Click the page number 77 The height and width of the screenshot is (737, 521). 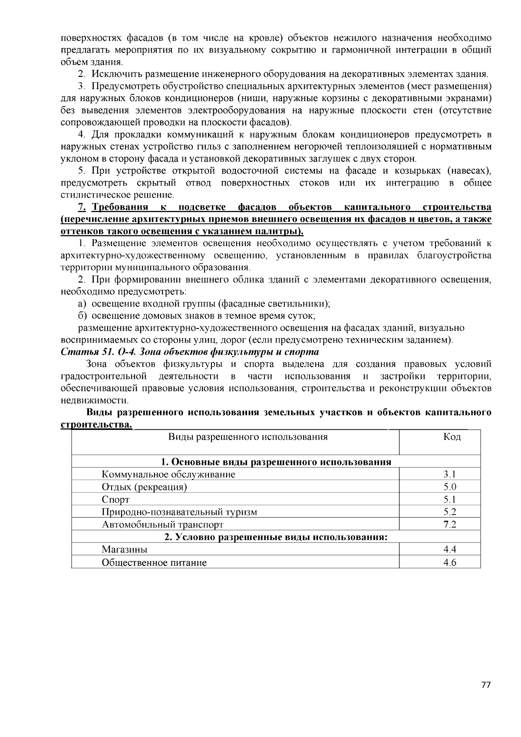pos(486,685)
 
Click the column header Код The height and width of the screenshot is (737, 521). pos(452,437)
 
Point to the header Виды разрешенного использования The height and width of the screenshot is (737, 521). pos(247,437)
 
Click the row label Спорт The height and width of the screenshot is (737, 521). pos(115,500)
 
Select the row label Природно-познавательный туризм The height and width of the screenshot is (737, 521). pos(179,512)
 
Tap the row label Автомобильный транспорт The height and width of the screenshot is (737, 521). pos(162,525)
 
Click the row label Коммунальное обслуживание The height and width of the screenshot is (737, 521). pos(168,474)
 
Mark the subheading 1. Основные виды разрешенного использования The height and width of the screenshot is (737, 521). pos(276,462)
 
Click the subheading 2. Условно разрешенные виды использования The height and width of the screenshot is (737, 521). pos(276,537)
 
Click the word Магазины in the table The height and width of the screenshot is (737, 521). pos(124,549)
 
